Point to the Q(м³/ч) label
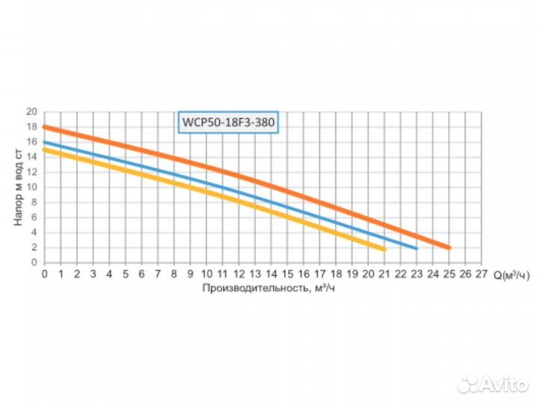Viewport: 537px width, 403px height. (x=511, y=275)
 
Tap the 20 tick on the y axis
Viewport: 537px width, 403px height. (x=32, y=112)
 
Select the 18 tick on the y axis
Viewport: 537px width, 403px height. (x=32, y=127)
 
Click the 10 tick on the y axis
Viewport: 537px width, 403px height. (x=32, y=187)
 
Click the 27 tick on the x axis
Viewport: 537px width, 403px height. (x=482, y=274)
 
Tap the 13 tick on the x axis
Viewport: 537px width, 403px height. (x=255, y=274)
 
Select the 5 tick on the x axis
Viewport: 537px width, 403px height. (x=125, y=274)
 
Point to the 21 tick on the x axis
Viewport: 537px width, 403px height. (x=385, y=274)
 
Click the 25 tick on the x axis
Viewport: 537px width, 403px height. (x=449, y=274)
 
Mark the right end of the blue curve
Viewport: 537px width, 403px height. (x=416, y=248)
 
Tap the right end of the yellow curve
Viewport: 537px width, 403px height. (x=383, y=249)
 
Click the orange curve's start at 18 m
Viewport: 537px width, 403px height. (x=45, y=128)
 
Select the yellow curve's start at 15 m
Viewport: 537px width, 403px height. (x=45, y=150)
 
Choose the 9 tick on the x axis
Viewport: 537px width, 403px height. (x=190, y=274)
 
